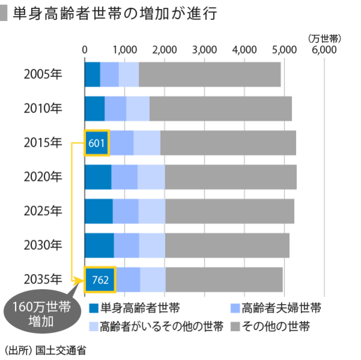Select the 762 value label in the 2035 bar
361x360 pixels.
coord(99,279)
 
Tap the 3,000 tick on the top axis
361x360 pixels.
coord(205,50)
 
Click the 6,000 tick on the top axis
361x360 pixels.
coord(324,50)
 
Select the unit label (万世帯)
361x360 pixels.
coord(324,38)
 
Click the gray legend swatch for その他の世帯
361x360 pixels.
coord(236,327)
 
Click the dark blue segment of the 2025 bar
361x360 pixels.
coord(99,211)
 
